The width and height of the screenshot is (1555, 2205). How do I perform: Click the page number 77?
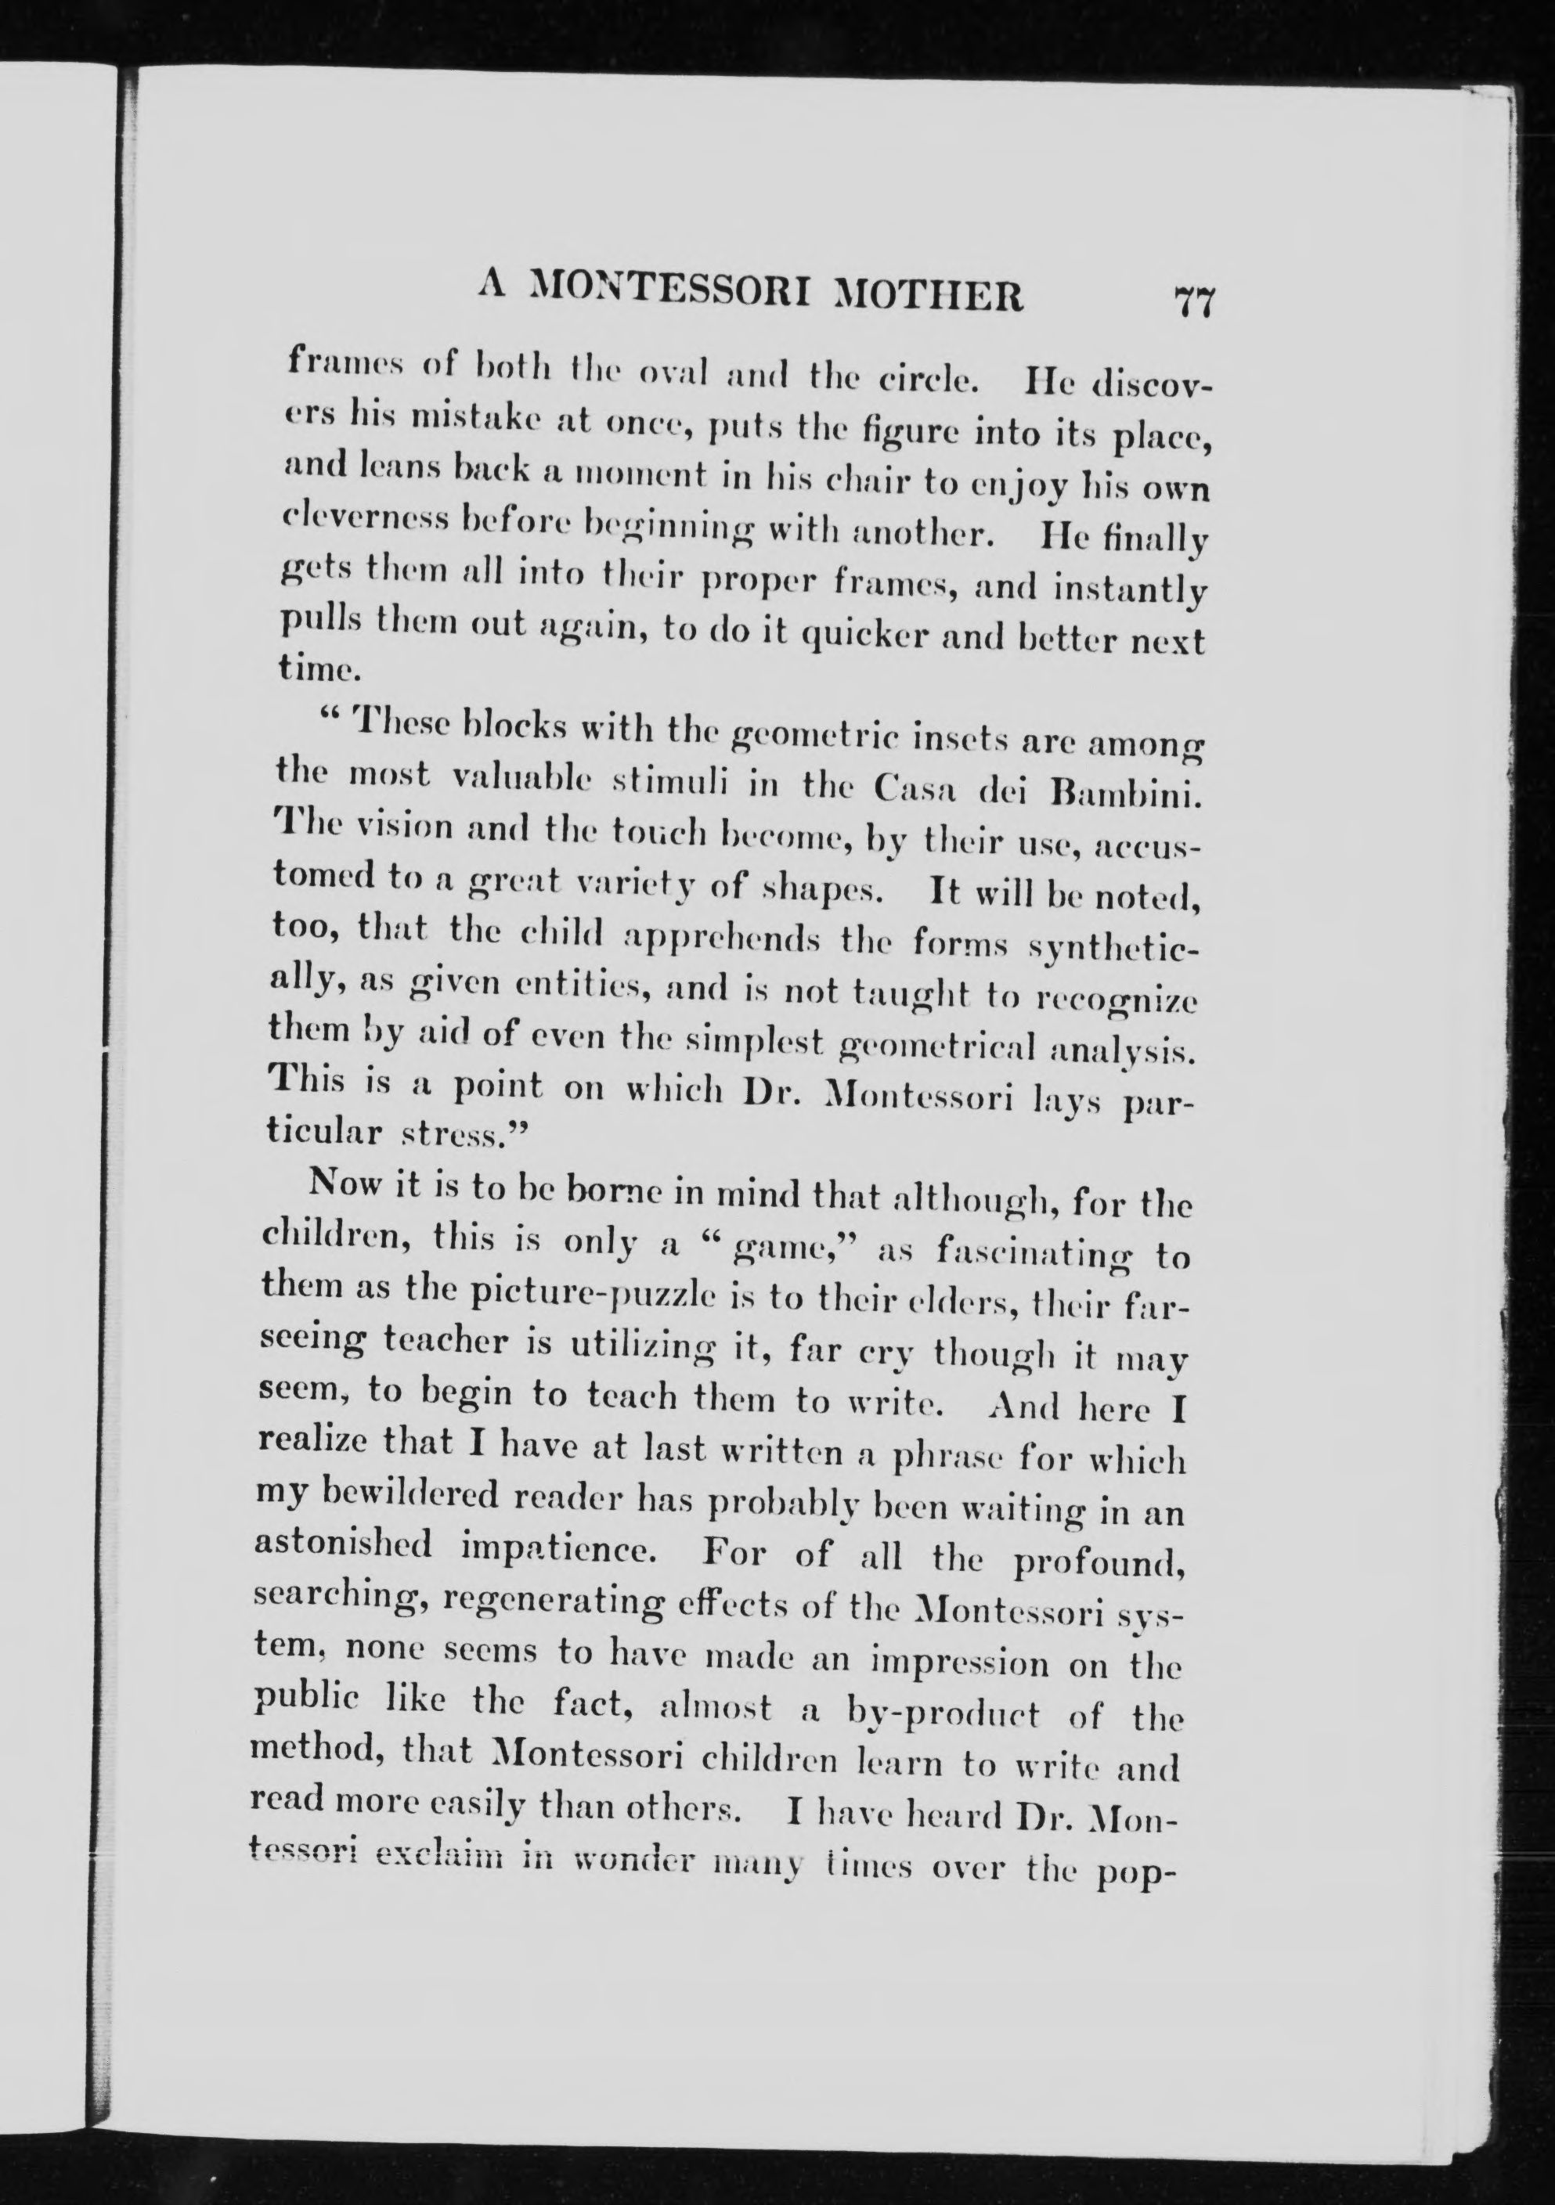pyautogui.click(x=1194, y=304)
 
